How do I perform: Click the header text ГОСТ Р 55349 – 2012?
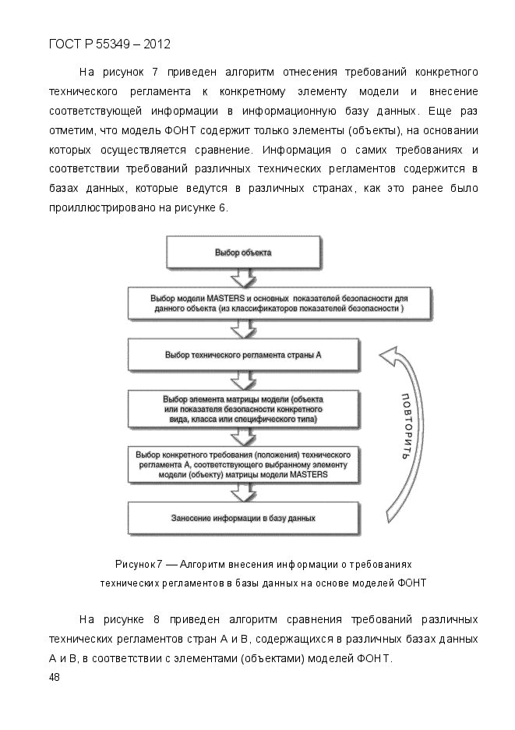tap(109, 44)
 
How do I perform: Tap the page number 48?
tap(54, 677)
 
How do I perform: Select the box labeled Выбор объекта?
tap(243, 252)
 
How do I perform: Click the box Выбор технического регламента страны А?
tap(243, 354)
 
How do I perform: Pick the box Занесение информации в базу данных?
tap(243, 517)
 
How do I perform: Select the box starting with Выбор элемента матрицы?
tap(243, 409)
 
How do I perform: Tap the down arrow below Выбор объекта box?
tap(244, 277)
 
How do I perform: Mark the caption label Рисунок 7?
tap(139, 564)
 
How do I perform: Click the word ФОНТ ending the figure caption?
tap(412, 583)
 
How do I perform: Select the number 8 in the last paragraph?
tap(157, 619)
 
